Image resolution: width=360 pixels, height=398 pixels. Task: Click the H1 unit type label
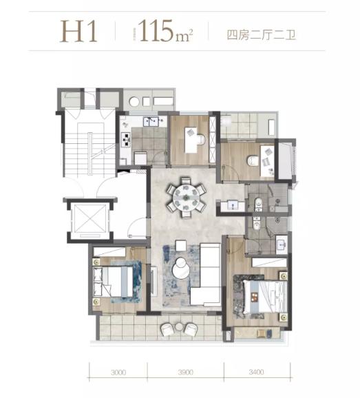click(x=81, y=32)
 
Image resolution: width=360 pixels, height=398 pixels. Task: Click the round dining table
click(x=186, y=197)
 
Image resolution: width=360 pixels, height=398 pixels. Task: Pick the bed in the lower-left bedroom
click(x=117, y=280)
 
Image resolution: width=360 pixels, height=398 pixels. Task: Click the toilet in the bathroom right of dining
click(x=257, y=202)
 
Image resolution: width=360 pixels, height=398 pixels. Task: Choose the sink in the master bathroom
click(x=281, y=242)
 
